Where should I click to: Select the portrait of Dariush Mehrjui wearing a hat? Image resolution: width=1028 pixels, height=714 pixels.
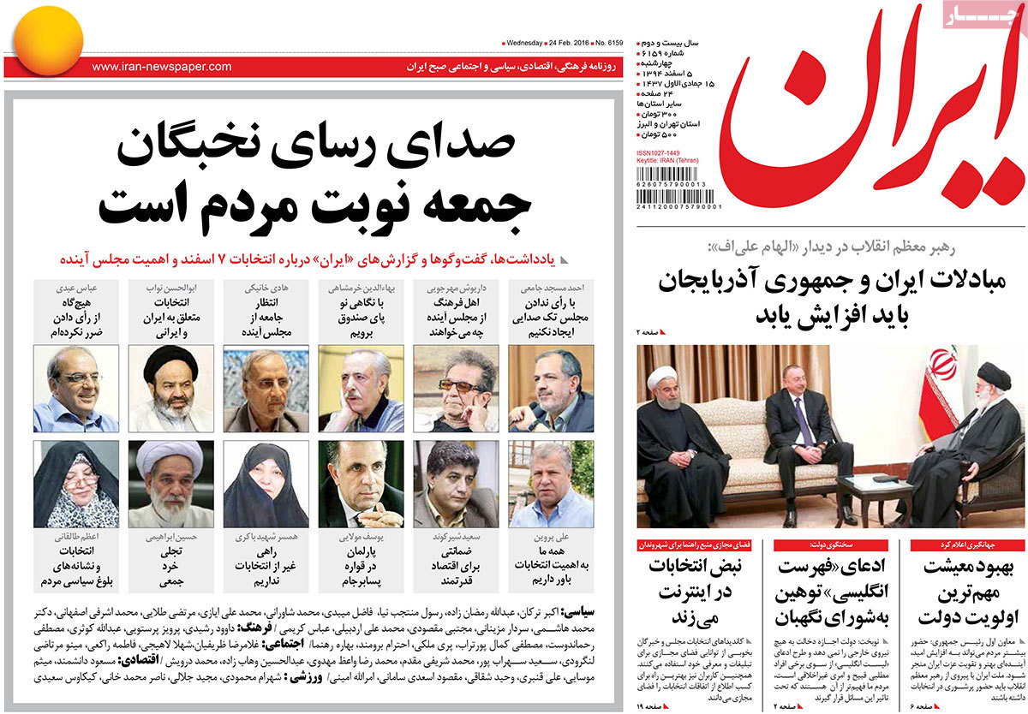455,389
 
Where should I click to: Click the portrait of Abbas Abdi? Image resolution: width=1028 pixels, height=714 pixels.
75,389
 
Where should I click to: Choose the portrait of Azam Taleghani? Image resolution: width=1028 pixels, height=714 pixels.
75,484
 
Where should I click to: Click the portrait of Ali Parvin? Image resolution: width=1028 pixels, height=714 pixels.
550,484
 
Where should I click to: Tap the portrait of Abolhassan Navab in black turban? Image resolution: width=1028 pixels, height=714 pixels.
170,389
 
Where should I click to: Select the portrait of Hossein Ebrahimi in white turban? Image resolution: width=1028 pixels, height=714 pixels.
170,484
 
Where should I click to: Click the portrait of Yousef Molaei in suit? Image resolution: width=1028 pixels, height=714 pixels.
361,484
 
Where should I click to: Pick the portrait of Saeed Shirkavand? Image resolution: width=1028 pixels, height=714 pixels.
455,484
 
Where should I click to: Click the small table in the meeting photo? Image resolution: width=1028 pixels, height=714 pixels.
874,492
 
